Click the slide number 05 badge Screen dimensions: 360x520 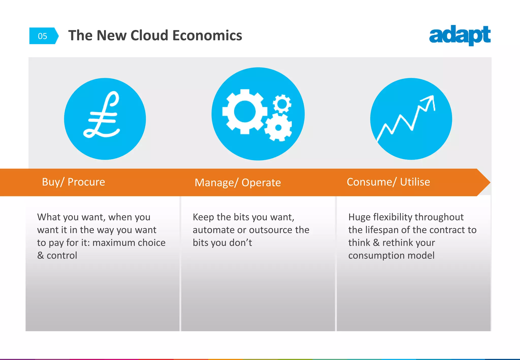click(43, 36)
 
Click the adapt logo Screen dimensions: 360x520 click(460, 35)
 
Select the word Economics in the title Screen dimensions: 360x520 click(207, 35)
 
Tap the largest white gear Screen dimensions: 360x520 click(245, 112)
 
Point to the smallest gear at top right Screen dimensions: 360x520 click(282, 104)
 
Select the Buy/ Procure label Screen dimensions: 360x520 click(73, 182)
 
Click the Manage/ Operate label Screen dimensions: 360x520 click(238, 183)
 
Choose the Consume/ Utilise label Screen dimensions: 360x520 click(388, 182)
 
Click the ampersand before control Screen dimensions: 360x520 click(40, 255)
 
